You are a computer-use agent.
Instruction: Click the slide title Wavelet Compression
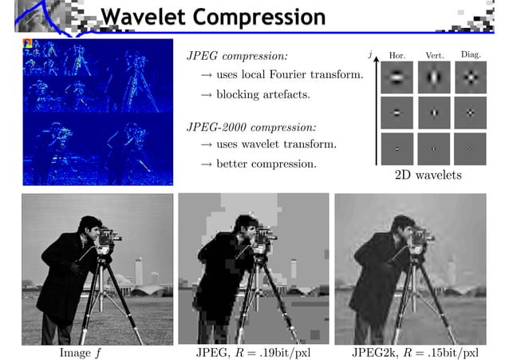[x=213, y=17]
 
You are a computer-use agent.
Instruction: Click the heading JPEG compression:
[x=237, y=57]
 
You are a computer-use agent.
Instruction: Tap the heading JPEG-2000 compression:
[x=251, y=126]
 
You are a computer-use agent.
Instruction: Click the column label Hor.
[x=397, y=55]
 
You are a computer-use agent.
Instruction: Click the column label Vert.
[x=434, y=55]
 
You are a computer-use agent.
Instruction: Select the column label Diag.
[x=470, y=54]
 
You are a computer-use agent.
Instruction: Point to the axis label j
[x=370, y=54]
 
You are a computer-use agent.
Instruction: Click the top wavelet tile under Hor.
[x=397, y=77]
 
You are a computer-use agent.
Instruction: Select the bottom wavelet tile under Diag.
[x=470, y=148]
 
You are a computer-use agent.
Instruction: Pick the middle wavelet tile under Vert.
[x=433, y=113]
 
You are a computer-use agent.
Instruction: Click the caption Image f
[x=84, y=352]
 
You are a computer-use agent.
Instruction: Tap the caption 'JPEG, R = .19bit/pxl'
[x=253, y=352]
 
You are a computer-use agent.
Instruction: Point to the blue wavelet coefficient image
[x=97, y=112]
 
